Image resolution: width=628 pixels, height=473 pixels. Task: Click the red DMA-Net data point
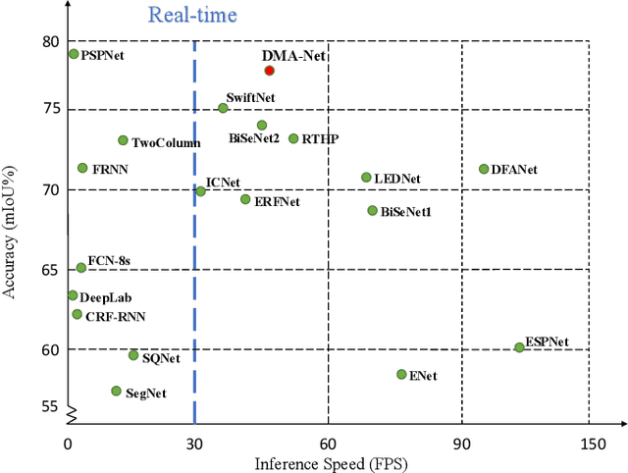(270, 71)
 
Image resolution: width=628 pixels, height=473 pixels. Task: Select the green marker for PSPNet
(74, 54)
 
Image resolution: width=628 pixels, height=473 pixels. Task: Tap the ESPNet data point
(519, 347)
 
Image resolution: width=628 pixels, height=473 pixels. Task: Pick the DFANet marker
(484, 169)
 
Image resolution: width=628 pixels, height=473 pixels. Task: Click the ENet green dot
(401, 374)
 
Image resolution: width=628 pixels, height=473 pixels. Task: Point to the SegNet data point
(116, 391)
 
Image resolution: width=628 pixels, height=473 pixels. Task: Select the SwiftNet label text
(249, 97)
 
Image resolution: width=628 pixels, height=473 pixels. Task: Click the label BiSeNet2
(254, 139)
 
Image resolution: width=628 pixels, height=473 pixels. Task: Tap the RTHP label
(320, 139)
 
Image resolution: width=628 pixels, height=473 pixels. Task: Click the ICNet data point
(200, 191)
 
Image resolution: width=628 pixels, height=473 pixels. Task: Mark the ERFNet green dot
(245, 199)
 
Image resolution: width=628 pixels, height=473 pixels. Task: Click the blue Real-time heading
(191, 15)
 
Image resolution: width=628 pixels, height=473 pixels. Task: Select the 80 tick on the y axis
(50, 42)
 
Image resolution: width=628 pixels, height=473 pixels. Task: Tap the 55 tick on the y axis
(50, 405)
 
